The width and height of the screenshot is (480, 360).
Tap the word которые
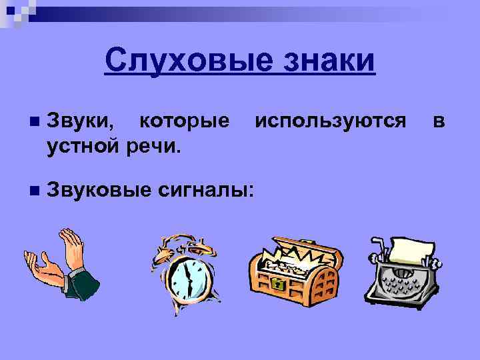tap(184, 121)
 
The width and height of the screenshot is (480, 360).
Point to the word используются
tap(330, 121)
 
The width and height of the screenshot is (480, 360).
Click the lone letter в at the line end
tap(438, 121)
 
